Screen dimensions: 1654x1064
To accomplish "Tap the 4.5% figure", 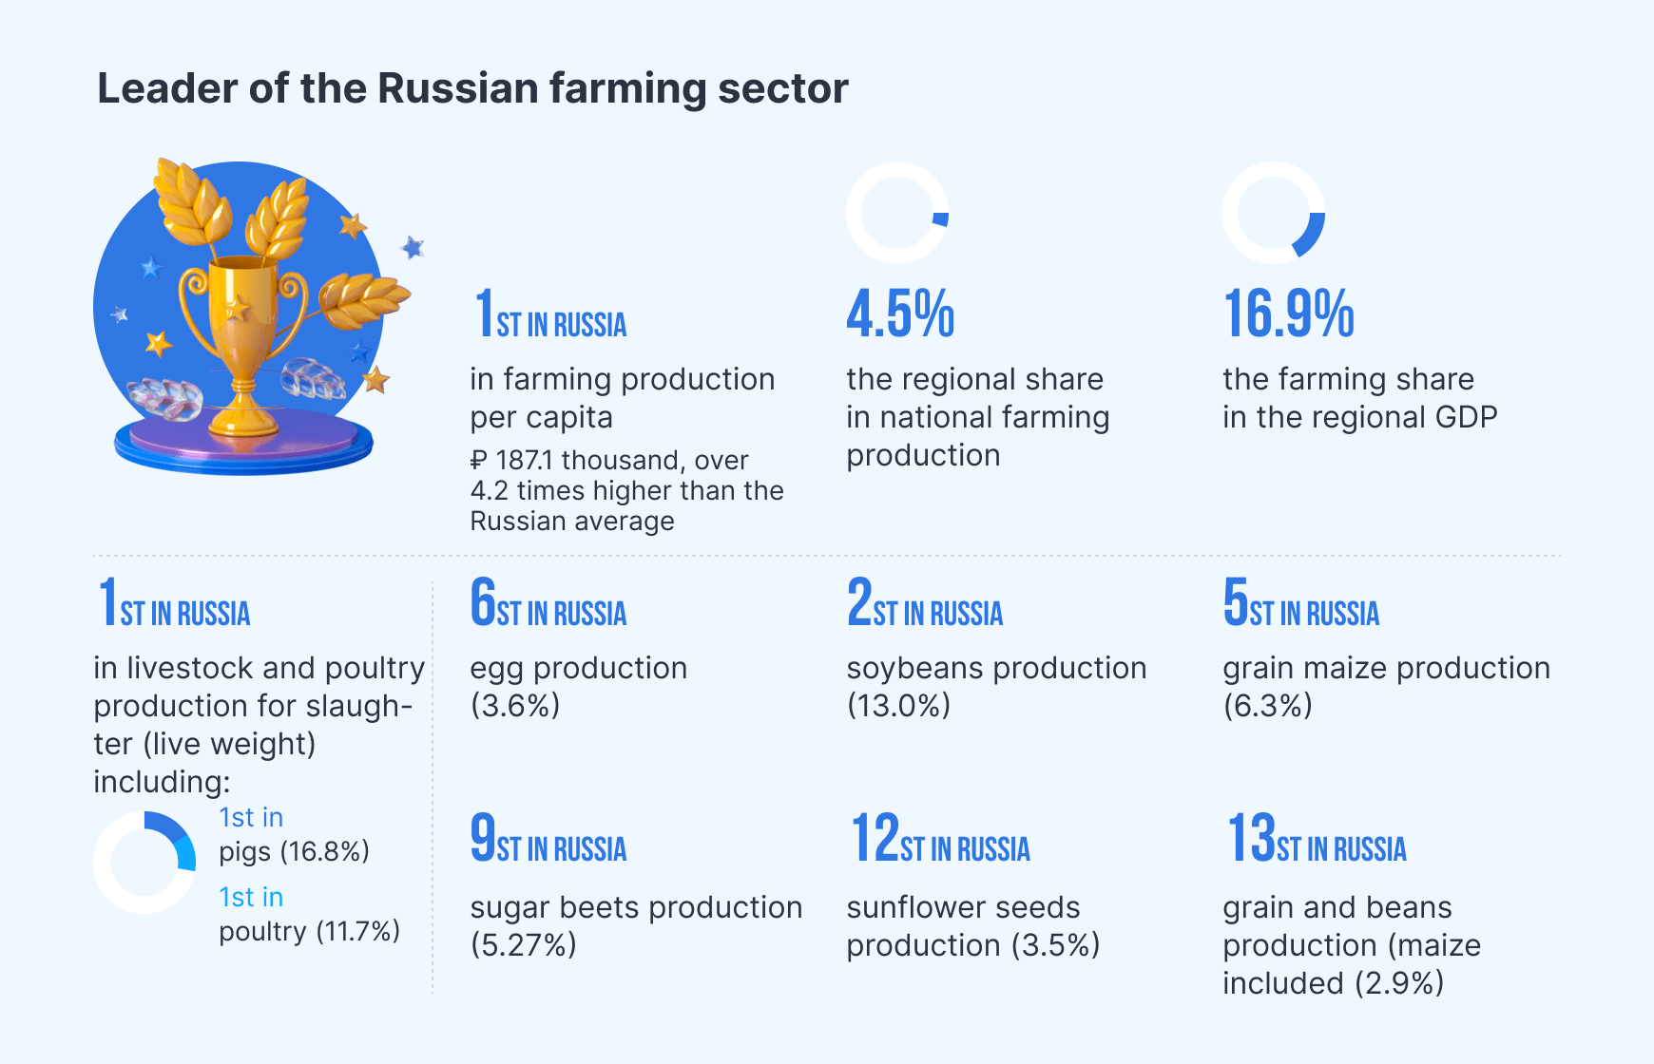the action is (900, 313).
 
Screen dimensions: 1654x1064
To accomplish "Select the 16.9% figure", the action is (1288, 313).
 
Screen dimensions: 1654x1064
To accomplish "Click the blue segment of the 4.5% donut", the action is (941, 219).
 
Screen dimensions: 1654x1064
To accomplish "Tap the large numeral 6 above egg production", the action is (483, 601).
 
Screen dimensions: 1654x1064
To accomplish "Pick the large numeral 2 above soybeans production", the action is (859, 601).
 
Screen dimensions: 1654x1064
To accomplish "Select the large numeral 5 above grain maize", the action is (1236, 601).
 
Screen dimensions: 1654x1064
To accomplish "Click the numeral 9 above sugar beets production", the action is (483, 837).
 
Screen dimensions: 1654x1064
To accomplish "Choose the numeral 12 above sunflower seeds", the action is (875, 837).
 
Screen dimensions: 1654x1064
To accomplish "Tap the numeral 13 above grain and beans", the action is (1251, 837).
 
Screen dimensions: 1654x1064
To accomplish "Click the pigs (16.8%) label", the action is (294, 851).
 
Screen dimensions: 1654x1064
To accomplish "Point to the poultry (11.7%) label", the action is (309, 931).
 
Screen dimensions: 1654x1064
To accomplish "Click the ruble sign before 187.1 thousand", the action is (478, 461).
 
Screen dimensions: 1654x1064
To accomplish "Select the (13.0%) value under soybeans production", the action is (898, 706).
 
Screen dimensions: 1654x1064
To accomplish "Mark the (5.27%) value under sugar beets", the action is (523, 945).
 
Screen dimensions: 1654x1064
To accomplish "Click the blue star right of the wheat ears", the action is (413, 248).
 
